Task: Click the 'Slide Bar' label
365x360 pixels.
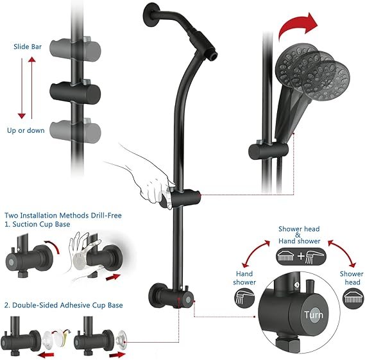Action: coord(28,47)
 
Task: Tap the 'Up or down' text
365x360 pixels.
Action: coord(26,130)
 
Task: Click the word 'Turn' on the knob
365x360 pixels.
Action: coord(314,315)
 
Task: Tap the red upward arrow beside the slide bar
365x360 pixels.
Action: coord(32,88)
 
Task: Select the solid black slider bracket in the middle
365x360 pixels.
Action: coord(75,92)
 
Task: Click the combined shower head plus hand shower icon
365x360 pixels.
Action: coord(301,257)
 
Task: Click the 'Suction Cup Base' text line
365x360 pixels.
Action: coord(37,224)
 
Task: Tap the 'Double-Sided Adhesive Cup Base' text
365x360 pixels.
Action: coord(64,305)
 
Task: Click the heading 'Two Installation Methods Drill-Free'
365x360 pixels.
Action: coord(63,215)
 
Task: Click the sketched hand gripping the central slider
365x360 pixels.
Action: coord(149,184)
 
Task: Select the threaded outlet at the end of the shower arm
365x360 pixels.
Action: coord(212,56)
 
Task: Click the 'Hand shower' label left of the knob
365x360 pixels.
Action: coord(244,278)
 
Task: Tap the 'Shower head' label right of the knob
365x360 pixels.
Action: coord(352,278)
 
